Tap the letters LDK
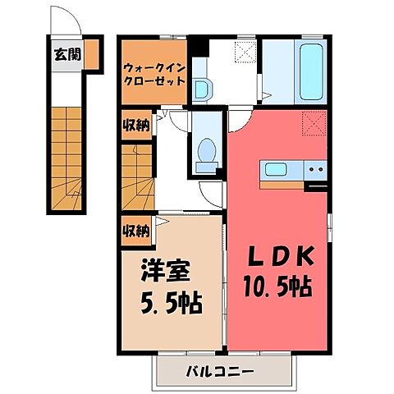tap(281, 257)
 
